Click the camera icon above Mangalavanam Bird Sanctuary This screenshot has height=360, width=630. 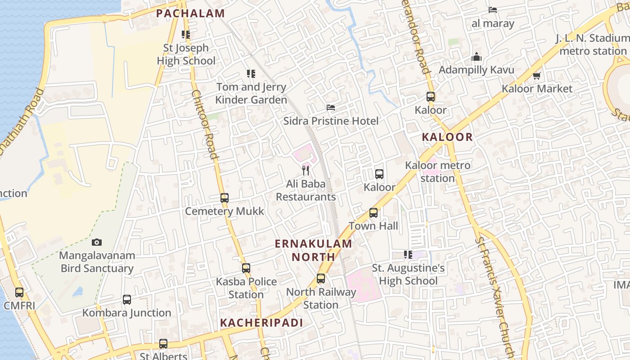click(x=97, y=243)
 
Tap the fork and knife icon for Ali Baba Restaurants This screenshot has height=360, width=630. click(x=306, y=170)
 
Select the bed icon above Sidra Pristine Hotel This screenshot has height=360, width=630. click(x=331, y=108)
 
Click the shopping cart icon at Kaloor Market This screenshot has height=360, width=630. click(x=536, y=76)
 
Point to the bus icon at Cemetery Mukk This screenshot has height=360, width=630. click(x=225, y=198)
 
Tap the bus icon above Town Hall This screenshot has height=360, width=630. click(x=373, y=213)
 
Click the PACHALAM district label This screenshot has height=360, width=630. click(x=190, y=13)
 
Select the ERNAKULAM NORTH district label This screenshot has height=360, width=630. click(x=313, y=250)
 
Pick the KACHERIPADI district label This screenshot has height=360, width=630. click(x=261, y=323)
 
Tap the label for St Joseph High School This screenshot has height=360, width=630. click(x=186, y=54)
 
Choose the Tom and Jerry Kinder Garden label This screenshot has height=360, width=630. click(x=251, y=93)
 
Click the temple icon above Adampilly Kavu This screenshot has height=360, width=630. click(x=477, y=57)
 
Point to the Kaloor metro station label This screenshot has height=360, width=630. click(x=438, y=171)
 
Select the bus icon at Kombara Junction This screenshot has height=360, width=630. click(x=127, y=300)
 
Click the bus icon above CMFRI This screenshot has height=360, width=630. click(x=19, y=292)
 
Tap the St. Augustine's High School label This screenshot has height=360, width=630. click(x=408, y=274)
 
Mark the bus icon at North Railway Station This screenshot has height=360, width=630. click(x=321, y=279)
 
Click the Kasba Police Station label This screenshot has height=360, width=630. click(x=246, y=288)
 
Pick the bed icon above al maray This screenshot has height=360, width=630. click(x=493, y=10)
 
